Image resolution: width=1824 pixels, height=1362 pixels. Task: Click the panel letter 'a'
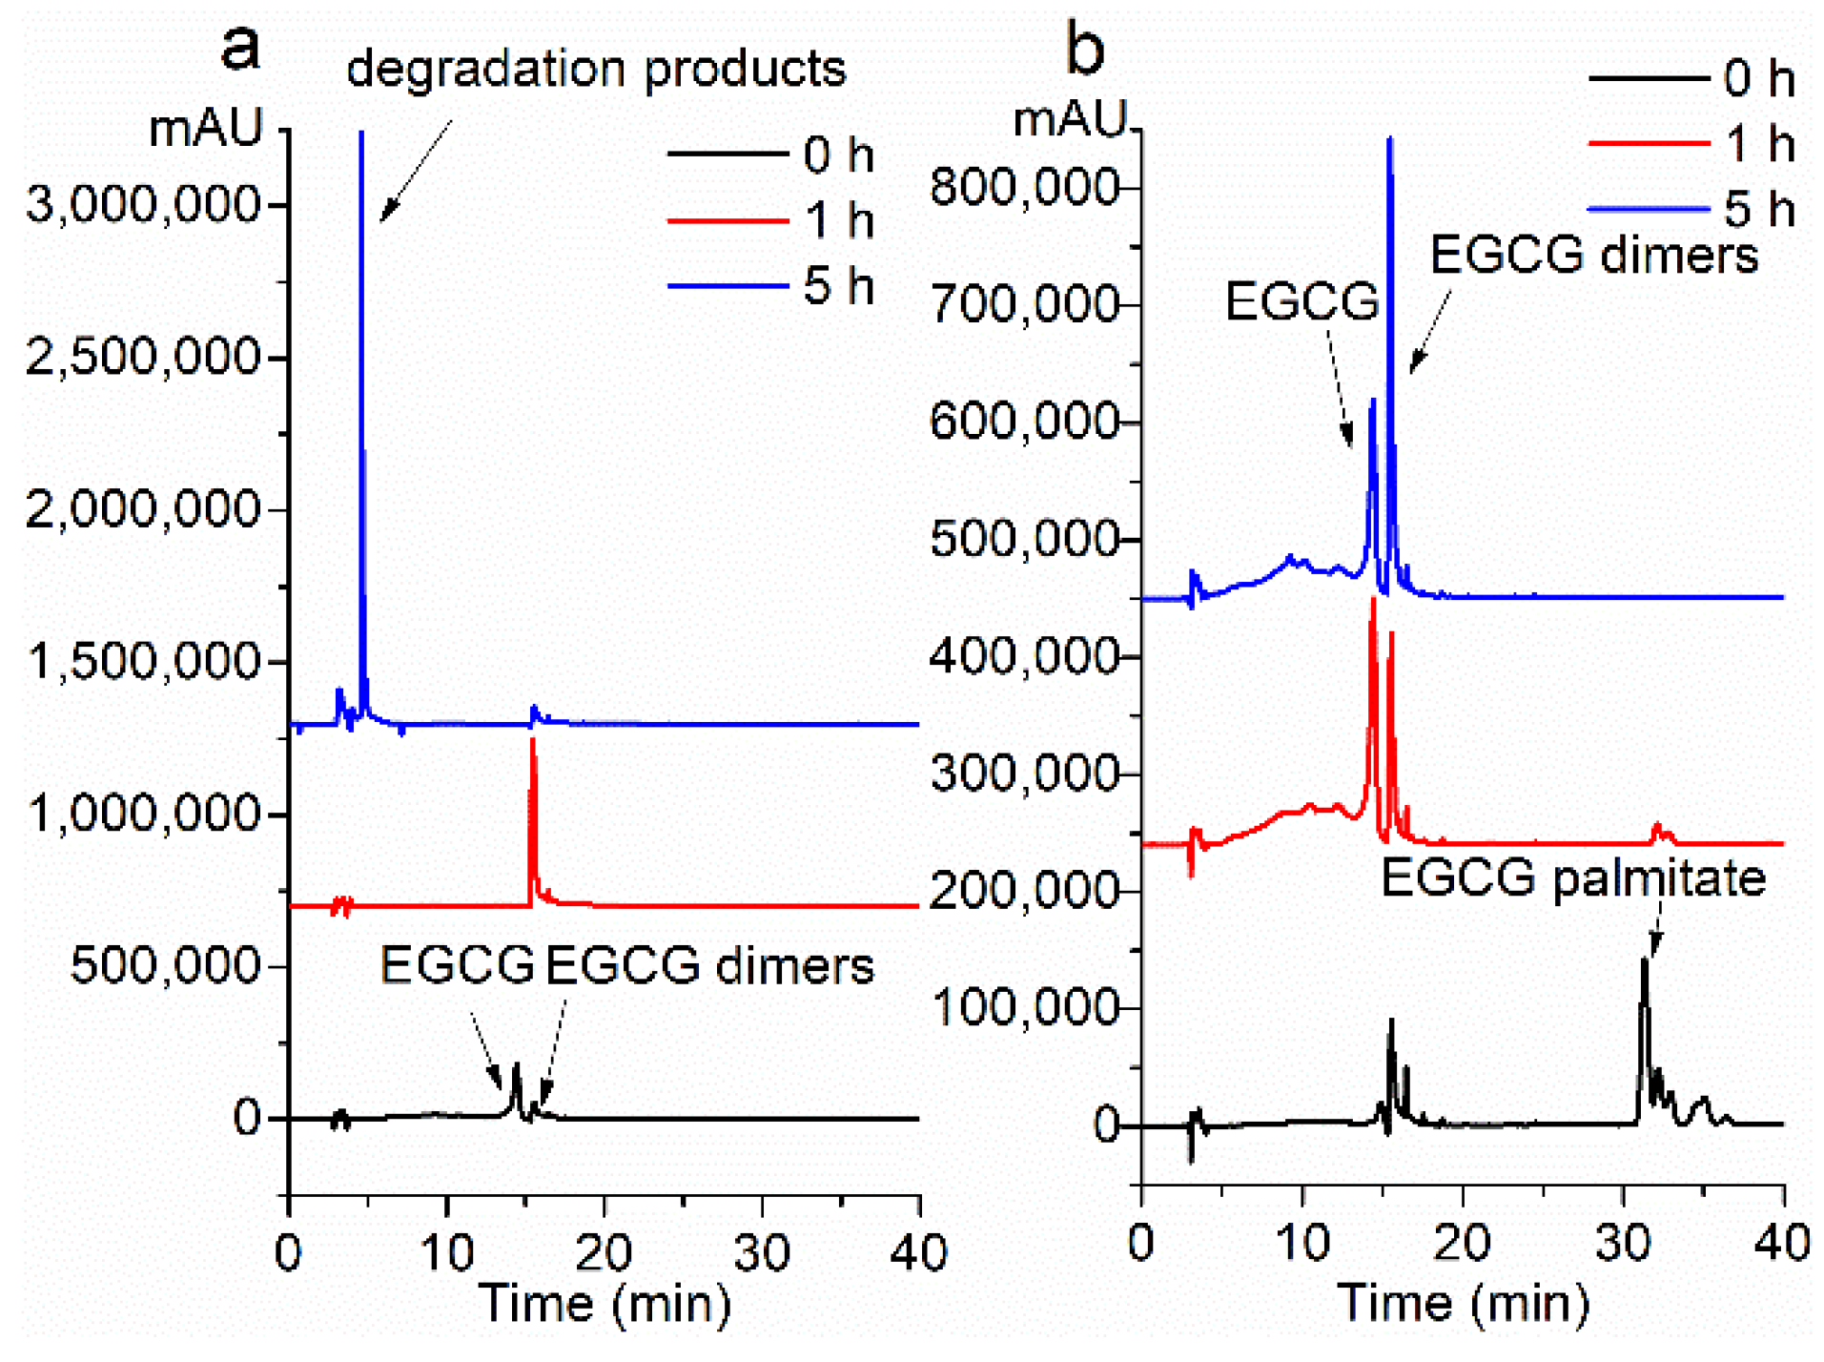239,48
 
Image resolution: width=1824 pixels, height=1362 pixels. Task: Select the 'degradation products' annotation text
596,69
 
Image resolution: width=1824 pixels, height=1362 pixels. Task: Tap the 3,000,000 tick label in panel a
143,204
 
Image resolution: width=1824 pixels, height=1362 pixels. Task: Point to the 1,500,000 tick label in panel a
143,660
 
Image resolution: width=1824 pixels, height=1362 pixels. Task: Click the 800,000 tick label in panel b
1025,187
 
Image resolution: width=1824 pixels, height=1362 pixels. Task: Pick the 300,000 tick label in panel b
1025,774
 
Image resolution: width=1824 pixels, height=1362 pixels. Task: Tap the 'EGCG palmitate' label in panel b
1573,877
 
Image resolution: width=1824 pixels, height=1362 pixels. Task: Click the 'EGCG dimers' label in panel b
1594,256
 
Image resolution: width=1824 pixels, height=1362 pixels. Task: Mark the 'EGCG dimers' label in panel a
709,965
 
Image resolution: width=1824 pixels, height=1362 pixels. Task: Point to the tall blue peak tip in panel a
361,134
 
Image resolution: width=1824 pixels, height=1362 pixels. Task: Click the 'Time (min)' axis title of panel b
1463,1303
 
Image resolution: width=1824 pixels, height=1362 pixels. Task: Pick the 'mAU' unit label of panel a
205,128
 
